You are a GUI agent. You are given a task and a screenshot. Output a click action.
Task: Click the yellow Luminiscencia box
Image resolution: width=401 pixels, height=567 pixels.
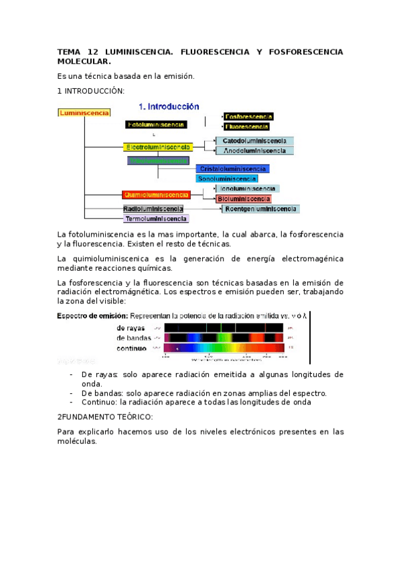(x=84, y=113)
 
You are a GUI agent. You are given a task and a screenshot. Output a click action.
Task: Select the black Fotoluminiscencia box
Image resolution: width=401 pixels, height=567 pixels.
(x=156, y=124)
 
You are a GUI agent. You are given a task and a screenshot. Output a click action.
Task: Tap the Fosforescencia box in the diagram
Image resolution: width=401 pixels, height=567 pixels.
(x=248, y=116)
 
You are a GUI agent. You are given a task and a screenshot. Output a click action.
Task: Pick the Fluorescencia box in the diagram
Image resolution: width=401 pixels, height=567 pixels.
(x=247, y=126)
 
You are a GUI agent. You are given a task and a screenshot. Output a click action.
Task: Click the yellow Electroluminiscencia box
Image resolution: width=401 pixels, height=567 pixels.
(x=158, y=146)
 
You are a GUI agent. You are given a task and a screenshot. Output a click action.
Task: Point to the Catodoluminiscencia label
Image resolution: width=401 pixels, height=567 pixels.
(x=254, y=141)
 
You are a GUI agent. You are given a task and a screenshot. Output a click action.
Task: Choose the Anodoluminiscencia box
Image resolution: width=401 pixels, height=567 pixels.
(x=254, y=151)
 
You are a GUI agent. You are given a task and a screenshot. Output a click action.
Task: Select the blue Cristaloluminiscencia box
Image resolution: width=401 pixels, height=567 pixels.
(x=233, y=169)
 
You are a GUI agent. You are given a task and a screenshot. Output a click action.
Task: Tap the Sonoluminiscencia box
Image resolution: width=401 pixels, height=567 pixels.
(x=226, y=179)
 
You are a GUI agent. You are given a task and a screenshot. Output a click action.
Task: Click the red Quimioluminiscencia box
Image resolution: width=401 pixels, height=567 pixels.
(x=156, y=195)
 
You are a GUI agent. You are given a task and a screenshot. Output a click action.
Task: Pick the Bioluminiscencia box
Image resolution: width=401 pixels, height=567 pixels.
(x=244, y=199)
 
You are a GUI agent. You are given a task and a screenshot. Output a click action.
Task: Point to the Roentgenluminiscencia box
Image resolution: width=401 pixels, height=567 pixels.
(x=261, y=209)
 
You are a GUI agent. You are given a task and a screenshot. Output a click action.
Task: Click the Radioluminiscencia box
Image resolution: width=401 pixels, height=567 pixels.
(x=153, y=209)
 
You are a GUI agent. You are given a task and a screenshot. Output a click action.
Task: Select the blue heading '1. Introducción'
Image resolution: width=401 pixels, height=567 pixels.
(x=169, y=106)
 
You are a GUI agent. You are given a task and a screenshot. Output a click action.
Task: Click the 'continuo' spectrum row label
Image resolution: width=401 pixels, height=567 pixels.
(x=132, y=348)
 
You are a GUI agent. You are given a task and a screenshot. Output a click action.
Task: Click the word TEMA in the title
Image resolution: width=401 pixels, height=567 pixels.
(x=68, y=51)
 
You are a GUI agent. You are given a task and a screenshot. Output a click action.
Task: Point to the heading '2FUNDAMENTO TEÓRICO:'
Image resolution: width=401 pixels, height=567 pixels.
(x=105, y=417)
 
